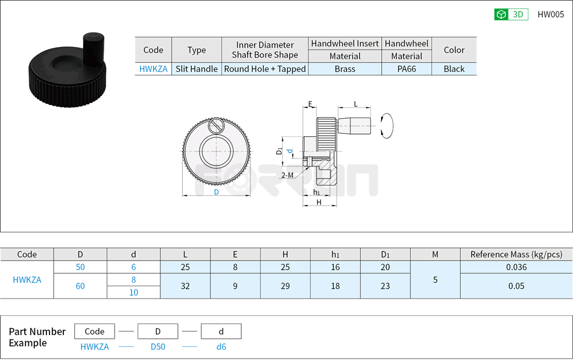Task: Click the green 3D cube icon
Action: click(501, 15)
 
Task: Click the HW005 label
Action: click(550, 15)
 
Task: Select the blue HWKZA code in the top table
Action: click(153, 69)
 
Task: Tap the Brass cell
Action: click(345, 69)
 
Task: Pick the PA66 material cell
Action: click(407, 69)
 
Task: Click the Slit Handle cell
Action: click(197, 69)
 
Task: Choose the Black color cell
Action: click(454, 69)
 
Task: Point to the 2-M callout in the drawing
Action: click(287, 175)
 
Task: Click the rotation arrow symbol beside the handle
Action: click(387, 126)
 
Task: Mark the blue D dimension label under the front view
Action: click(217, 192)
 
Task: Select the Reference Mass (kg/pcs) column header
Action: click(516, 254)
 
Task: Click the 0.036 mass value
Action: click(516, 267)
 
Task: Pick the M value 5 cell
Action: click(435, 280)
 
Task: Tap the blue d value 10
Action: click(133, 292)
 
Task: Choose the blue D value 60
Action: click(80, 286)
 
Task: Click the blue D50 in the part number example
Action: click(157, 347)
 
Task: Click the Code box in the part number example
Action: click(95, 331)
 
